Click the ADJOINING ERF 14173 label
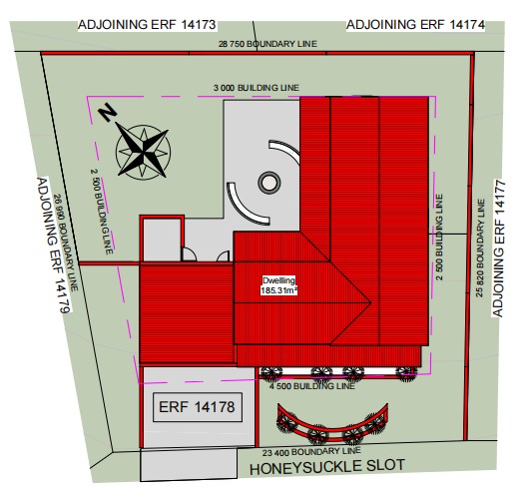(x=147, y=25)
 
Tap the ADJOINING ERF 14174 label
(x=415, y=25)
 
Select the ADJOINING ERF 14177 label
(x=499, y=248)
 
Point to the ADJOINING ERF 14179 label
(x=53, y=246)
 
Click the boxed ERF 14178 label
(x=198, y=407)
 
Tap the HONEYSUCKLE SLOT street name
(x=327, y=467)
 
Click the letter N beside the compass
(x=107, y=113)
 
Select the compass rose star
(x=143, y=153)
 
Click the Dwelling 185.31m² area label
(x=279, y=285)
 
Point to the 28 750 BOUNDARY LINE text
(x=267, y=44)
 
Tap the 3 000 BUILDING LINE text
(x=257, y=88)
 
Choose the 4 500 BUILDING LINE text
(x=312, y=386)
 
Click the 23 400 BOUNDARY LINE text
(x=311, y=452)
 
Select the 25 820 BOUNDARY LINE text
(x=480, y=248)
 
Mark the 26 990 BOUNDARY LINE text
(x=66, y=243)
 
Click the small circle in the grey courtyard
(x=269, y=183)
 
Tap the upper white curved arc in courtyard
(x=286, y=149)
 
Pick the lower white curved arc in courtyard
(x=243, y=210)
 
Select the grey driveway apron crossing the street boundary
(x=189, y=465)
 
